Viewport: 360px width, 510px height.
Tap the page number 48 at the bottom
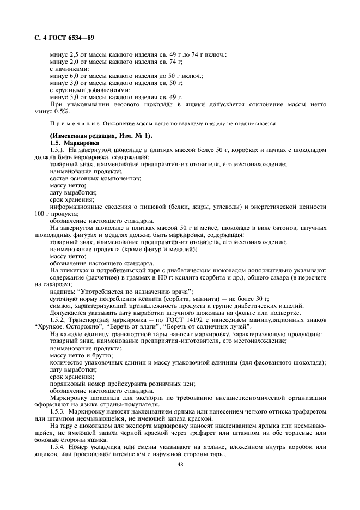pyautogui.click(x=180, y=464)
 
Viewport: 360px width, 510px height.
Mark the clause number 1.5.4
pyautogui.click(x=58, y=447)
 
